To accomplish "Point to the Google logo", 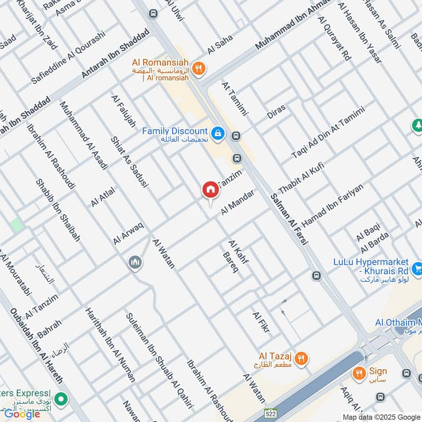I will click(x=22, y=414).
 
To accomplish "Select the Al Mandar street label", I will click(x=238, y=202).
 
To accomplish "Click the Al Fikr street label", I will click(x=261, y=322).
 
